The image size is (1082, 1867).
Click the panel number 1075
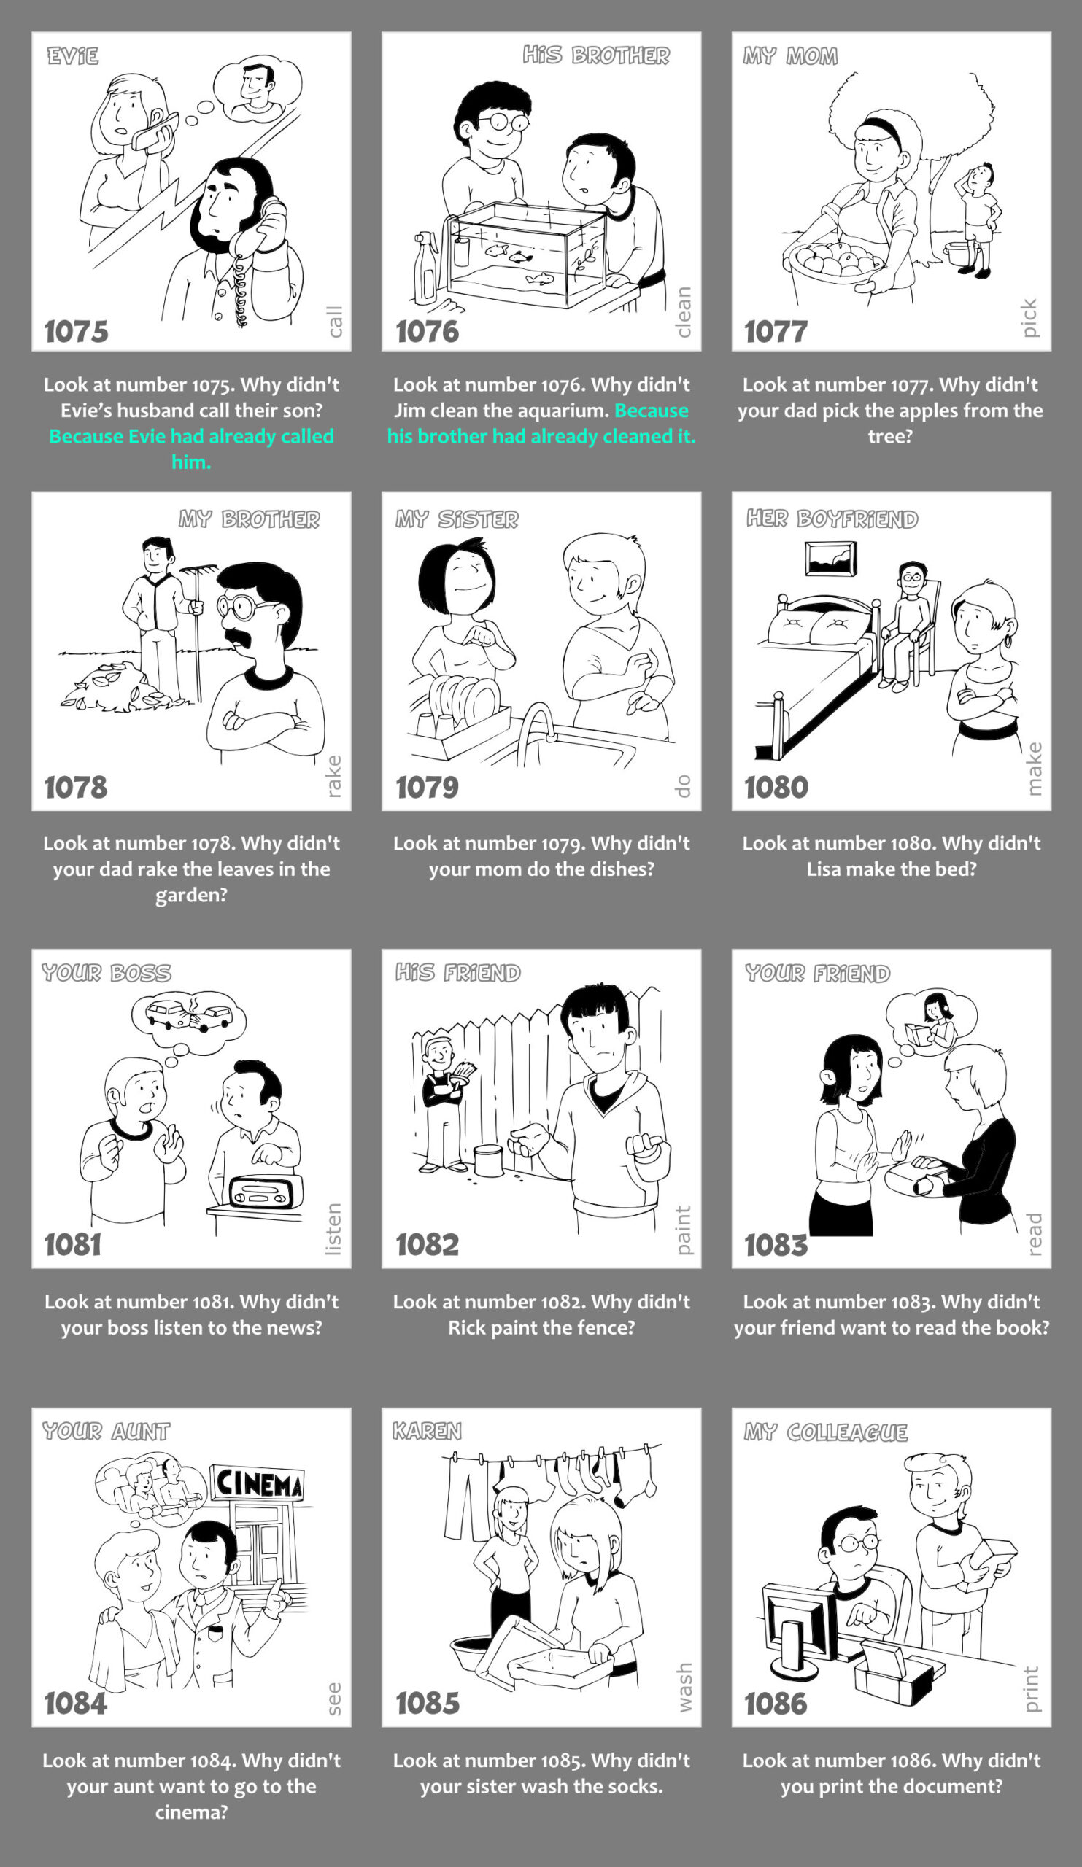76,331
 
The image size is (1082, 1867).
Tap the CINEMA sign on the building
257,1484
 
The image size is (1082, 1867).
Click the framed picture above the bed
831,558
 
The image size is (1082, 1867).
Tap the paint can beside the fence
488,1160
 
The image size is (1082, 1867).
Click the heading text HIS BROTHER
596,55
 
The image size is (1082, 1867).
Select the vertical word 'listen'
333,1229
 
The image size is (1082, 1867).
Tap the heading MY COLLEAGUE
826,1432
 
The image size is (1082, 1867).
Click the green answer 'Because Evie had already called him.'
191,449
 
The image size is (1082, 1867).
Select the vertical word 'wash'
684,1687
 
